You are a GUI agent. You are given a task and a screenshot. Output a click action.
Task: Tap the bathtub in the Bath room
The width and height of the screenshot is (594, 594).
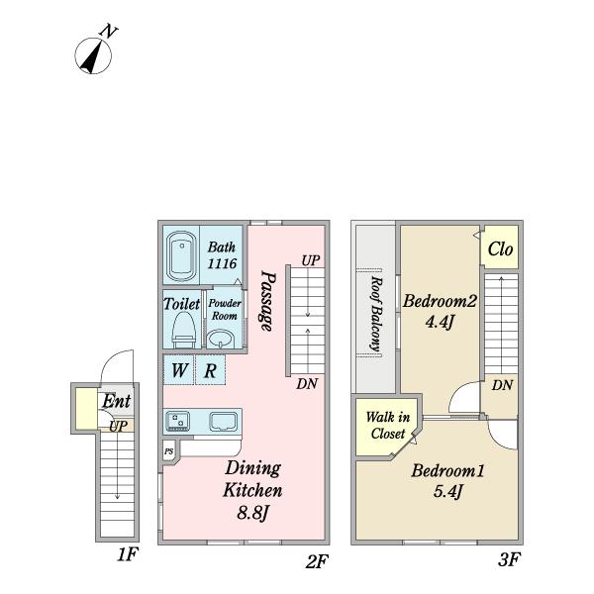tap(181, 255)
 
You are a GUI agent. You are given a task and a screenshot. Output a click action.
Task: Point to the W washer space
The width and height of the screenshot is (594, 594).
tap(179, 369)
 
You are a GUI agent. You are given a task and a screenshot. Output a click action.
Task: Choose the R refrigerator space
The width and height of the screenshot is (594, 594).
tap(210, 369)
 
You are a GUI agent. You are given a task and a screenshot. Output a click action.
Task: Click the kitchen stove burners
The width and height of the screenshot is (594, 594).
tap(177, 420)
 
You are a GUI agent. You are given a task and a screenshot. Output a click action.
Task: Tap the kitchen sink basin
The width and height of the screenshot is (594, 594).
tap(224, 421)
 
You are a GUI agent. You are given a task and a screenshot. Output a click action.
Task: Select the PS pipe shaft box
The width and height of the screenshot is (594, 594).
tap(169, 451)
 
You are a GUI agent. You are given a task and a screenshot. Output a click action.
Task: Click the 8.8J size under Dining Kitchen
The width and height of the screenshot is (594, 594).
tap(252, 513)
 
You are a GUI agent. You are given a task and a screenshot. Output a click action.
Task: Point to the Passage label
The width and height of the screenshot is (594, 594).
tap(267, 301)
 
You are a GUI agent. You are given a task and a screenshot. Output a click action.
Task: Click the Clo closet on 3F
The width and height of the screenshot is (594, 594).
tap(500, 247)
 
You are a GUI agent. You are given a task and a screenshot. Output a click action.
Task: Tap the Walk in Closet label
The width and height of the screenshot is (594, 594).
tap(388, 425)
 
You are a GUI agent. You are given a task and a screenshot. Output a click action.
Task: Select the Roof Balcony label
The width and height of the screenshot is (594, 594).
tap(376, 313)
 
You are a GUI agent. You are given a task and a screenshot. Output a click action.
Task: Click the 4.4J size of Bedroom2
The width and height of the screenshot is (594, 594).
tap(440, 322)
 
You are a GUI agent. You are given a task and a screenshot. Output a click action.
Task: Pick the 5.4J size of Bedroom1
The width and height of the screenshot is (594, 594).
tap(447, 492)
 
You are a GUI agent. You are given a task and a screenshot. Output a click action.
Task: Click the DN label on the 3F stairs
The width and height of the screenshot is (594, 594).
tap(502, 385)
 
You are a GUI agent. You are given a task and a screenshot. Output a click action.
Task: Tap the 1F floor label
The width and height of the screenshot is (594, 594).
tap(127, 555)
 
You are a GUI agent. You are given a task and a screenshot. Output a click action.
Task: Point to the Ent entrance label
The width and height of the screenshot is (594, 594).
tap(116, 401)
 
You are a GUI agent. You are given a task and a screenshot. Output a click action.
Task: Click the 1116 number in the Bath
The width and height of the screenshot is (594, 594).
tap(222, 263)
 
